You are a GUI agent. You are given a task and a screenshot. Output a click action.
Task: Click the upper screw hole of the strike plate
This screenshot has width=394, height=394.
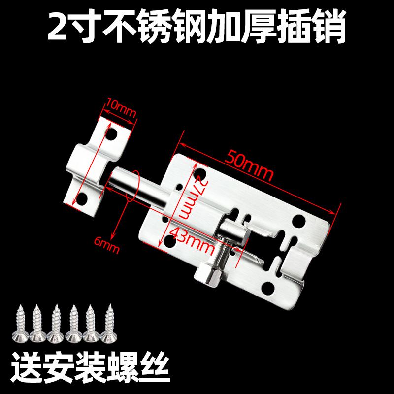pyautogui.click(x=113, y=133)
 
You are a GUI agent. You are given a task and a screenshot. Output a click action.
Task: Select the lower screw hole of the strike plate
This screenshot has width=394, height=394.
pyautogui.click(x=90, y=199)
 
